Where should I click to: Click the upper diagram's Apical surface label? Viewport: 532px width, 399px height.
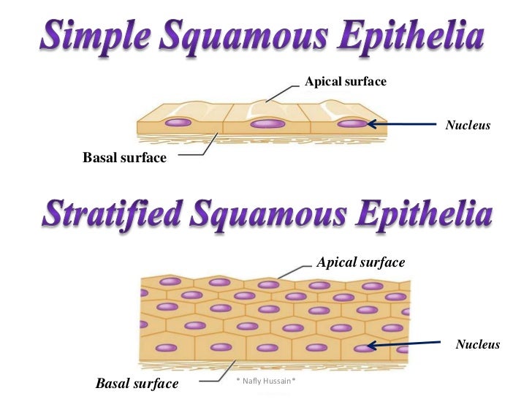[x=345, y=82]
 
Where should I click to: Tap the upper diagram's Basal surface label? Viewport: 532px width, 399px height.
[x=124, y=157]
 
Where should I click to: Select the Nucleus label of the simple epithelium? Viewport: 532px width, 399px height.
[x=468, y=126]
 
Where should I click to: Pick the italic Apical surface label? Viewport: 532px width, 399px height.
[x=360, y=262]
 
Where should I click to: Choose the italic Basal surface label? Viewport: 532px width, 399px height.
[x=137, y=383]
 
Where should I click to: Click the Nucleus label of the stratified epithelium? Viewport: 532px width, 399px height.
[x=477, y=344]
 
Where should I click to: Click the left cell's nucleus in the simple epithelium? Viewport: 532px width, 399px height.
[x=178, y=122]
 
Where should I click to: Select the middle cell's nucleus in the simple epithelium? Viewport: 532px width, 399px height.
[x=267, y=123]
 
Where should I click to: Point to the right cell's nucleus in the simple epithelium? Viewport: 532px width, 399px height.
[x=352, y=123]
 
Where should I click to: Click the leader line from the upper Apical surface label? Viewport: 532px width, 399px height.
[x=281, y=91]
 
